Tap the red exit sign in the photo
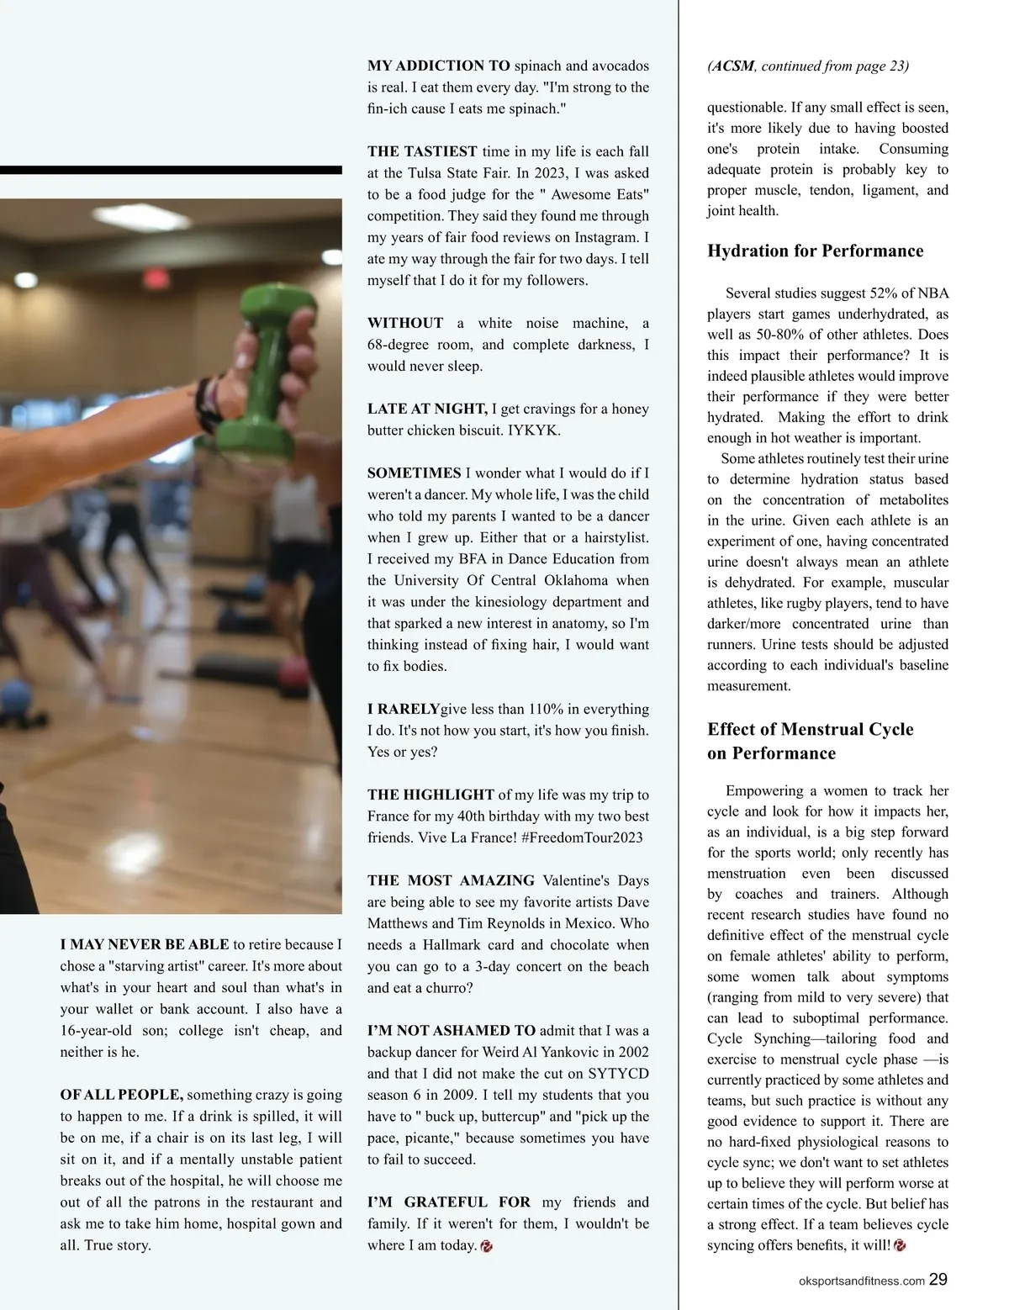[155, 278]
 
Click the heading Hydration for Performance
[815, 251]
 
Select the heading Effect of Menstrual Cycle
[810, 729]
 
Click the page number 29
[938, 1279]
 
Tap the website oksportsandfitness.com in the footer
[861, 1281]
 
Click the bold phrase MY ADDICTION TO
[439, 66]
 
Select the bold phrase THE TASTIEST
[422, 151]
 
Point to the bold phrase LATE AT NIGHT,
[427, 409]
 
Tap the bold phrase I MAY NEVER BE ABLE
[145, 944]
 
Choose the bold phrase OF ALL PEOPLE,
[121, 1095]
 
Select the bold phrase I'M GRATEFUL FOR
[449, 1202]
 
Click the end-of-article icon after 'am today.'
[486, 1246]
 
